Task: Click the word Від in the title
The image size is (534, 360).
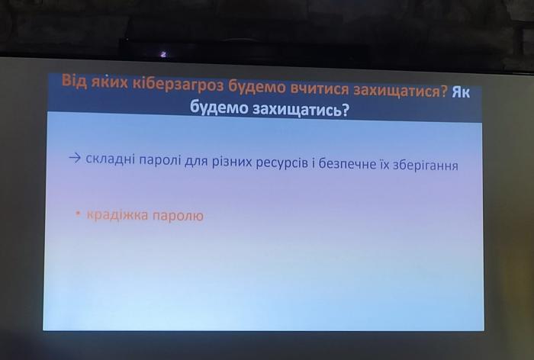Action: pos(74,81)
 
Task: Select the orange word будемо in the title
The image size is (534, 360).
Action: pos(257,88)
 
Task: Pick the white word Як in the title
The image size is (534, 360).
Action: pos(461,92)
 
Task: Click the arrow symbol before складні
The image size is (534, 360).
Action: pos(75,158)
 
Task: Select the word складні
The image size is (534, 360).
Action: pos(111,159)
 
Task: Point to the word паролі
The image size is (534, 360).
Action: pos(160,159)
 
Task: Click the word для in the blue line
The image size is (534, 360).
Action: pos(197,161)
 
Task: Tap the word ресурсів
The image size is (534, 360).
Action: pos(282,162)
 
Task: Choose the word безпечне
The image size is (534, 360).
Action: pos(348,164)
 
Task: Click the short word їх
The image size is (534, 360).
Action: pos(384,165)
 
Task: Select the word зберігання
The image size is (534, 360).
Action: pos(426,166)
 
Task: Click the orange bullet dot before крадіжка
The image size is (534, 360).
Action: pos(79,214)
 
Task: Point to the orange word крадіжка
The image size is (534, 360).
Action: pos(117,215)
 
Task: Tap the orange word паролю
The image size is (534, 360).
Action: pos(178,216)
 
